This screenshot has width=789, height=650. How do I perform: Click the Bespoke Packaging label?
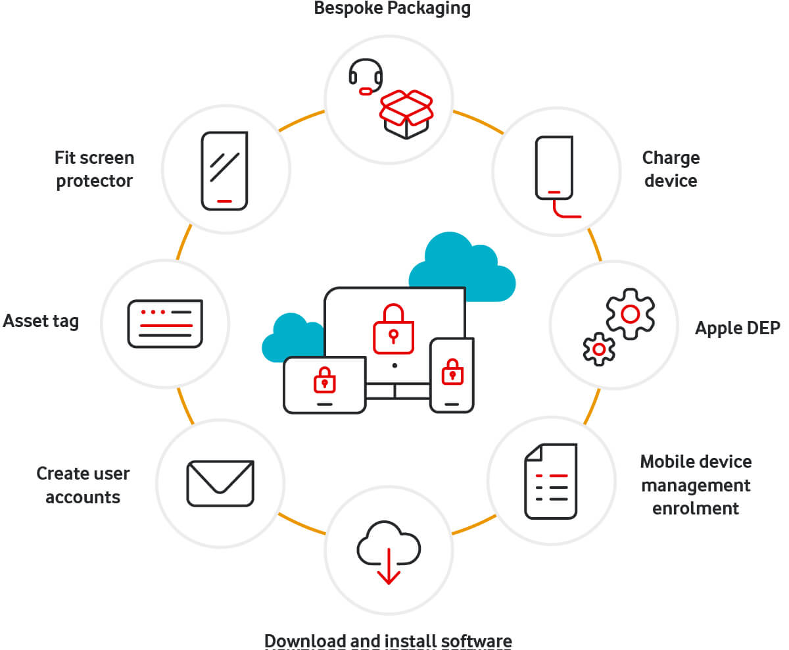click(x=392, y=9)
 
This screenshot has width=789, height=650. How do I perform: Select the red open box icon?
click(x=406, y=114)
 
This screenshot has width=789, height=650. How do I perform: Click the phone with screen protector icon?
click(x=224, y=171)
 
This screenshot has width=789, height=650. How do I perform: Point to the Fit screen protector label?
click(x=94, y=169)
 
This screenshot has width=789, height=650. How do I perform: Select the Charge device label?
click(x=671, y=169)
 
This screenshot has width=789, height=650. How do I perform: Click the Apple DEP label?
click(x=737, y=328)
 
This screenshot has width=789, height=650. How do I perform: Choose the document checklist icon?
click(x=551, y=481)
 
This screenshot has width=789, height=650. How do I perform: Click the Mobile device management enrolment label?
click(x=696, y=485)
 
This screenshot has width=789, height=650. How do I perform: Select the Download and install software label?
click(x=388, y=641)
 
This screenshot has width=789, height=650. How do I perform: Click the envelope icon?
click(x=220, y=484)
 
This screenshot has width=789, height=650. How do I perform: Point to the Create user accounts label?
click(x=83, y=486)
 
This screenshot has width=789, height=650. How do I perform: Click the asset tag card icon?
click(x=165, y=324)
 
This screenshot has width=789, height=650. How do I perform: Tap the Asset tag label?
click(x=41, y=321)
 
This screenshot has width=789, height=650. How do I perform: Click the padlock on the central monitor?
click(x=393, y=329)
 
